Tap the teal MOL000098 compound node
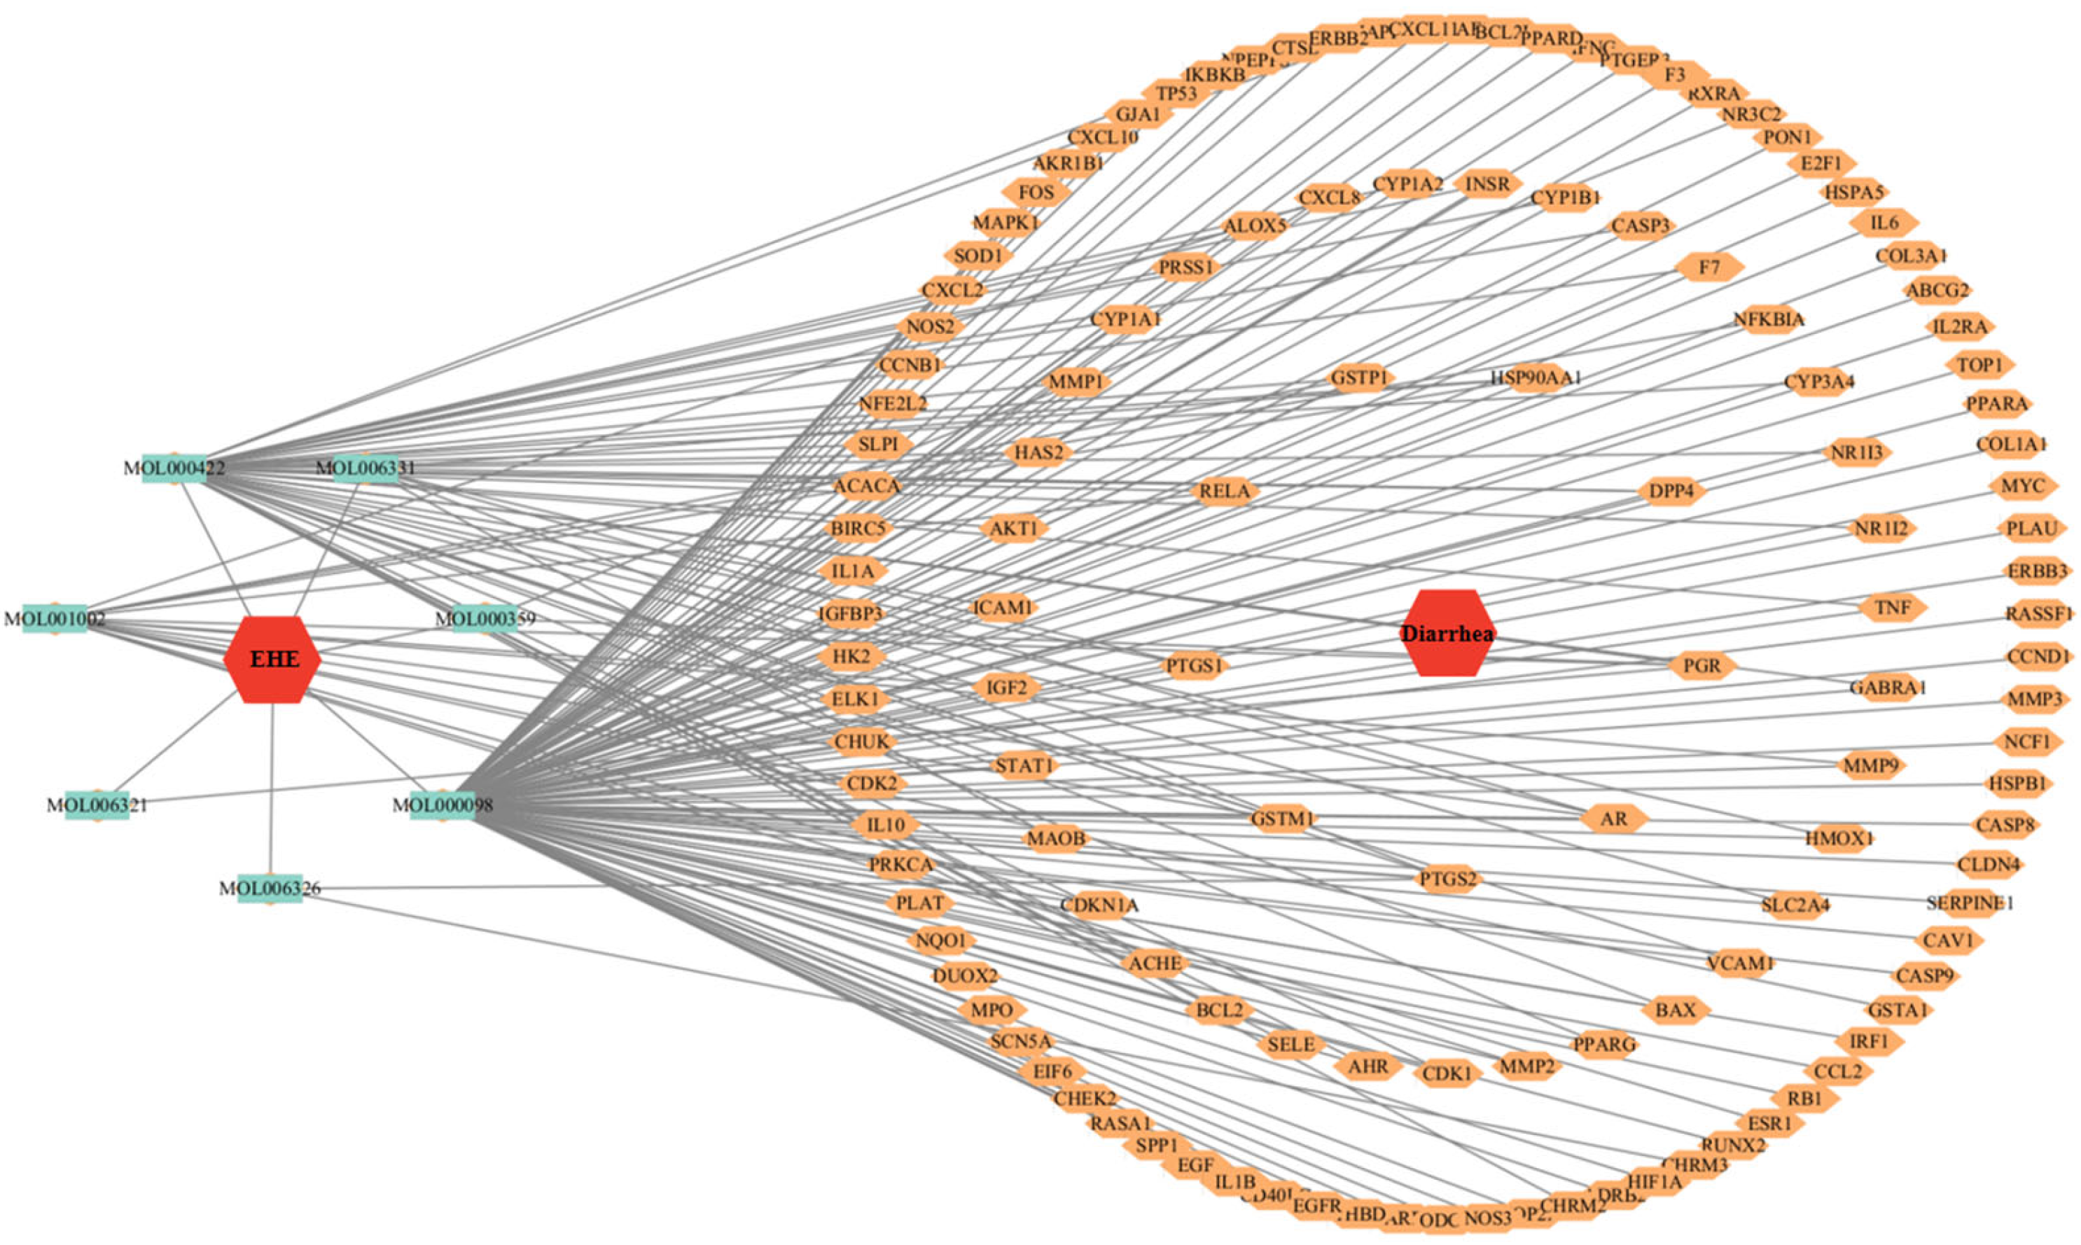(x=442, y=805)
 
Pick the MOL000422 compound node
(x=174, y=467)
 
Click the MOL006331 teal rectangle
(x=365, y=467)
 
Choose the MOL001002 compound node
(x=55, y=619)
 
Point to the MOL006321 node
(x=97, y=805)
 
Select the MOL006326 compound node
(x=270, y=888)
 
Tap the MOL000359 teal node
(x=484, y=619)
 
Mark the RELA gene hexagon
(x=1225, y=491)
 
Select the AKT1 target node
(x=1014, y=529)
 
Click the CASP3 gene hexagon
(x=1640, y=225)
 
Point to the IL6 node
(x=1884, y=223)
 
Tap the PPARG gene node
(x=1603, y=1045)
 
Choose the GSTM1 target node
(x=1281, y=818)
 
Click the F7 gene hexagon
(x=1708, y=267)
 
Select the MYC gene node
(x=2023, y=486)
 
